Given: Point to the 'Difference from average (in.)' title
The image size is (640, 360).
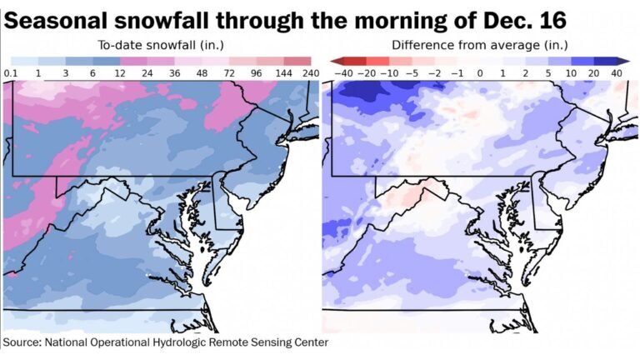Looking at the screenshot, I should coord(479,44).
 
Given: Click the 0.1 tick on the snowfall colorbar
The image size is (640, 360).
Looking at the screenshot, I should coord(11,73).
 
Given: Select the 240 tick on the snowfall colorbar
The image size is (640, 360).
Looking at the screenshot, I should coord(311,73).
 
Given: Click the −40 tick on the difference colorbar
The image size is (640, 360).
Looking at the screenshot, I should coord(342,73).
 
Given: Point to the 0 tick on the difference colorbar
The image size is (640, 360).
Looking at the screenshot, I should coord(479,73).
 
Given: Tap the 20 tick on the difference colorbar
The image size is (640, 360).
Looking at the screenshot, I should coord(593,73).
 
